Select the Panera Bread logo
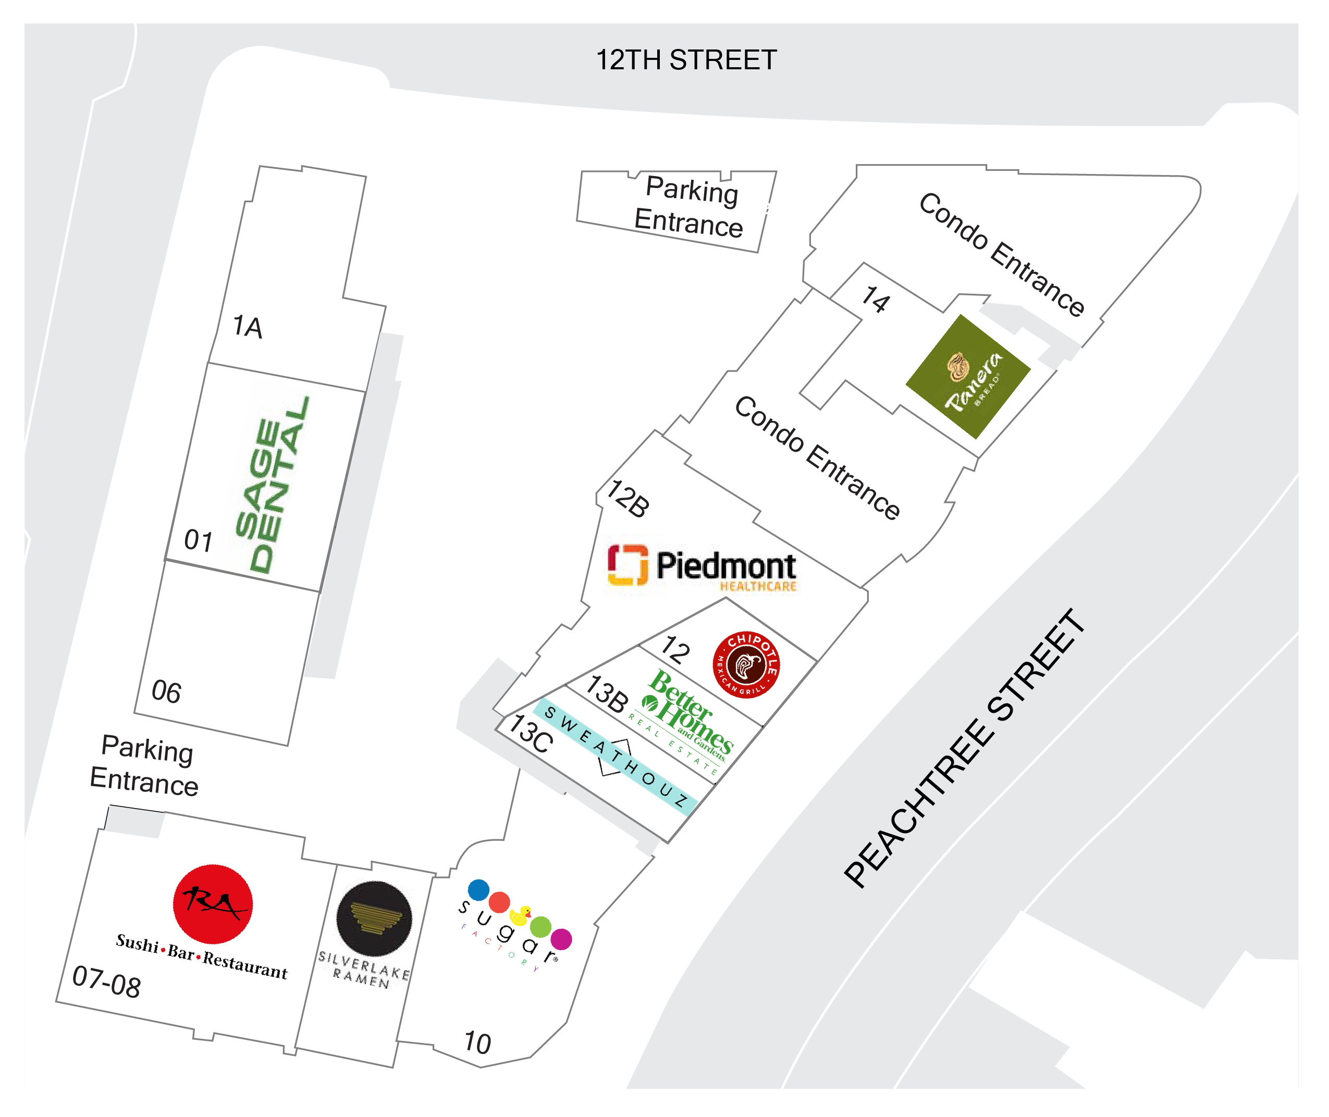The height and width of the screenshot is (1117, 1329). coord(968,377)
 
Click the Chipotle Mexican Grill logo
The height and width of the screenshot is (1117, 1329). coord(746,664)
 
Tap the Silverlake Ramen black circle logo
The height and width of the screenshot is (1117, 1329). coord(374,918)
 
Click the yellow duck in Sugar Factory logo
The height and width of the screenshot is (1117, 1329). coord(521,915)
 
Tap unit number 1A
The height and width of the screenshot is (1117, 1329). coord(247,327)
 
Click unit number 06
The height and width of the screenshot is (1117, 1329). coord(166,691)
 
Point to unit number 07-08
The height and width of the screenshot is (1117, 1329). coord(106,982)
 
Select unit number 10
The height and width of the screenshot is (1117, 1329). coord(477,1043)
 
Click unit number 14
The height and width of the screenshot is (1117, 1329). coord(876,300)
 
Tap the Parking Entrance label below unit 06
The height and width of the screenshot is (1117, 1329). coord(145,765)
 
